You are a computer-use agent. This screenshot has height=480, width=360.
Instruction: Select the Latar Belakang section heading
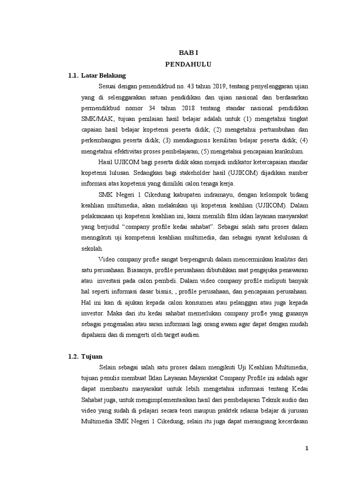[x=104, y=75]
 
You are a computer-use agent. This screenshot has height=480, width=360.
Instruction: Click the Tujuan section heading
[x=92, y=357]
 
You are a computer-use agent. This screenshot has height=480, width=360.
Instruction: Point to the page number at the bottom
[x=307, y=448]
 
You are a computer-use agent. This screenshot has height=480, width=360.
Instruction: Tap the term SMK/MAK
[x=96, y=119]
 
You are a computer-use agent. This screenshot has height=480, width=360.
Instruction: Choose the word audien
[x=189, y=335]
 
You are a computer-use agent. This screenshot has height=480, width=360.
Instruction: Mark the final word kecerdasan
[x=291, y=421]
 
